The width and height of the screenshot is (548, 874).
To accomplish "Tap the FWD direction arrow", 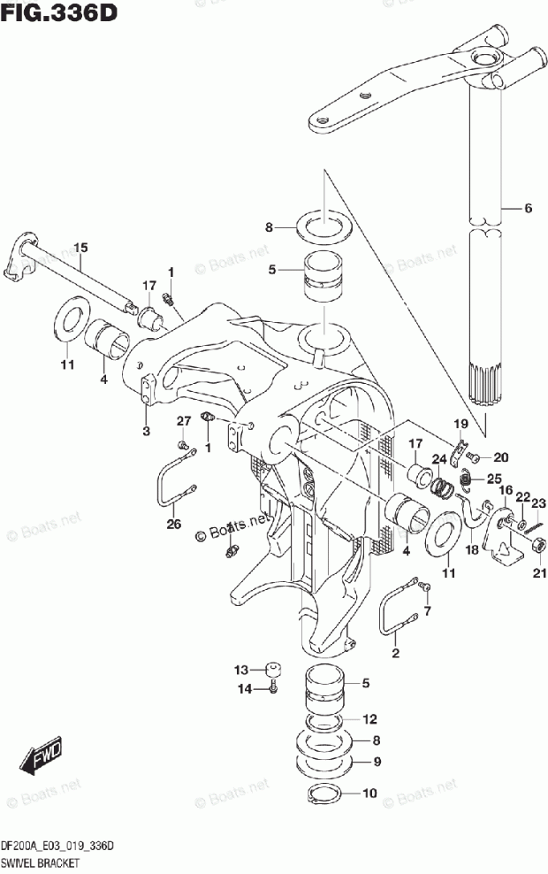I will tap(41, 755).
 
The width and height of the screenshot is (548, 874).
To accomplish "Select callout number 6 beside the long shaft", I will tap(528, 209).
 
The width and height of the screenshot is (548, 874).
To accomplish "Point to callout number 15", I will tap(80, 248).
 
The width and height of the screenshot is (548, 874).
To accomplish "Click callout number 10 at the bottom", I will tap(369, 792).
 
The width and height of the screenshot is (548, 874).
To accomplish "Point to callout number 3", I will tap(147, 431).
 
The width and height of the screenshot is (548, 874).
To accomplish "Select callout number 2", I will tap(396, 654).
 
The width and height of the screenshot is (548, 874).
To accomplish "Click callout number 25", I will tap(493, 479).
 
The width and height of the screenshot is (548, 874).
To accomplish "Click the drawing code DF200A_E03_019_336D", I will tap(57, 847).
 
